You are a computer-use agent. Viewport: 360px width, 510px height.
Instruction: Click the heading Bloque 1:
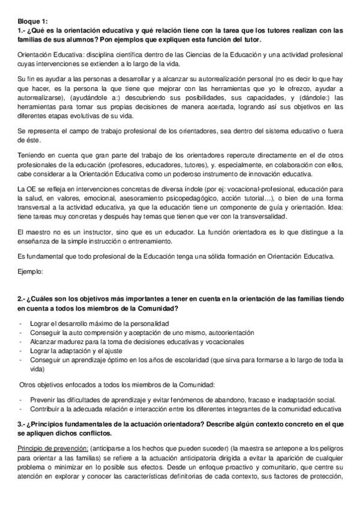point(33,20)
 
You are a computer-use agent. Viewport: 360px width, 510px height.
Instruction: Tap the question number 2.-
point(23,299)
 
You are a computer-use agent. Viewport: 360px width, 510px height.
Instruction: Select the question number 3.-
point(23,424)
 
